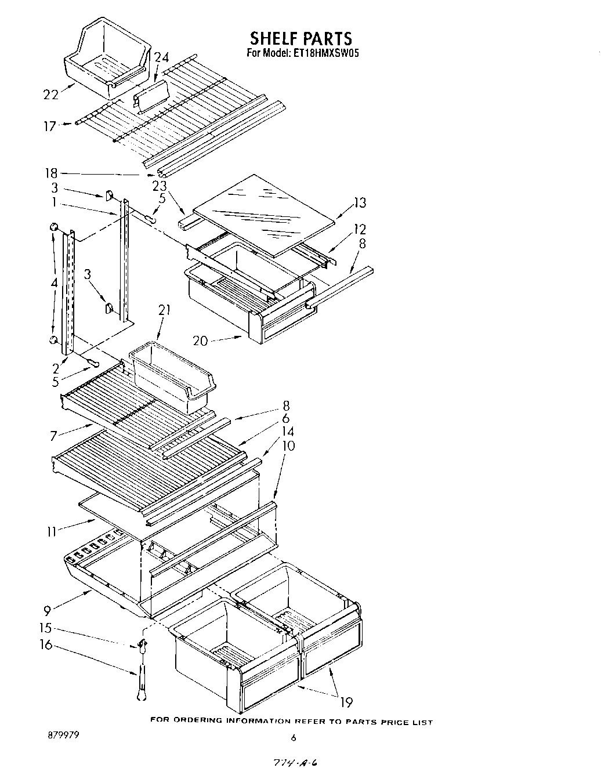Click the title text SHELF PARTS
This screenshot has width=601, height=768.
[x=300, y=38]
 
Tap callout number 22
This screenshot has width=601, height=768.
[x=51, y=95]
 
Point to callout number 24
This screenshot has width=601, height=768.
[x=161, y=57]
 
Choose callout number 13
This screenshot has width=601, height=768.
[x=360, y=202]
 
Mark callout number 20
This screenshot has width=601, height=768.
[x=200, y=340]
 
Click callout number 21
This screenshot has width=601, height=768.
[x=164, y=310]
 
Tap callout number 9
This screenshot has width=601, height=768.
[x=47, y=610]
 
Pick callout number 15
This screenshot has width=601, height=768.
[x=45, y=628]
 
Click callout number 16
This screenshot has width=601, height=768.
[x=45, y=645]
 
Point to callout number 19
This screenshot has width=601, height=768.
[x=346, y=702]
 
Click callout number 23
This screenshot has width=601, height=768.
[x=159, y=186]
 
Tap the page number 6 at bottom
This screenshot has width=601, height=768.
[x=294, y=738]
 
